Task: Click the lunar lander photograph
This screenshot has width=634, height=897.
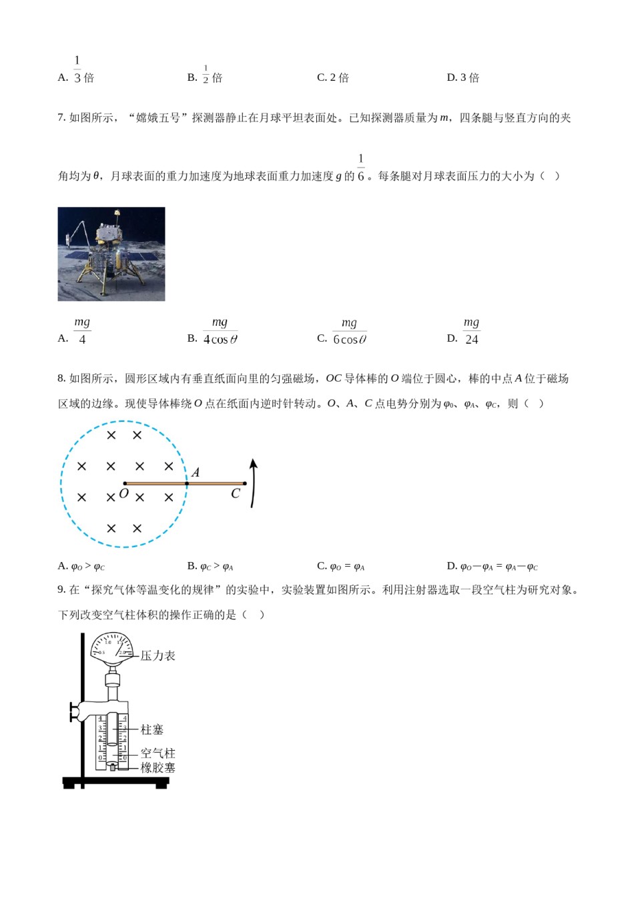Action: click(111, 254)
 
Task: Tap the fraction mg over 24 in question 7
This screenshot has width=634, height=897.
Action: click(472, 331)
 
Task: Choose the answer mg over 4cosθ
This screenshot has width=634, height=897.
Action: click(220, 331)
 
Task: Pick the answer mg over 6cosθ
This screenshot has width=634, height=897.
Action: click(349, 332)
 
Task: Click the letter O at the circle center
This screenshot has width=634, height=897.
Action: click(123, 494)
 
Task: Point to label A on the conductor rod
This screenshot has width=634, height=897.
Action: click(196, 473)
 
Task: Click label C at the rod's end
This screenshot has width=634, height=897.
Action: click(235, 494)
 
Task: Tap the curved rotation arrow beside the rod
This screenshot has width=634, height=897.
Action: click(253, 483)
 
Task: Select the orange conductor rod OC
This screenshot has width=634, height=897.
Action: click(184, 483)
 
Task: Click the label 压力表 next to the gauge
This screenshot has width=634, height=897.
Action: click(157, 656)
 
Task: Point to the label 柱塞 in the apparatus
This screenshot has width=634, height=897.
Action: click(152, 729)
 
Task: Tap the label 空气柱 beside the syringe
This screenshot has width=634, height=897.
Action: click(157, 754)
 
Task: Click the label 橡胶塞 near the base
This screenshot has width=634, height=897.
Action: click(157, 768)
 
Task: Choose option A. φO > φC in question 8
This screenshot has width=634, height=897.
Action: click(81, 567)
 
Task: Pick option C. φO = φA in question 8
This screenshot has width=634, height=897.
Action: click(341, 567)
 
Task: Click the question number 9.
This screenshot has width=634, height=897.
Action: click(61, 589)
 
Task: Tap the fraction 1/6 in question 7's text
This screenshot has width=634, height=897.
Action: click(361, 168)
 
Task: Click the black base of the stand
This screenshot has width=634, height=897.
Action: click(115, 782)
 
